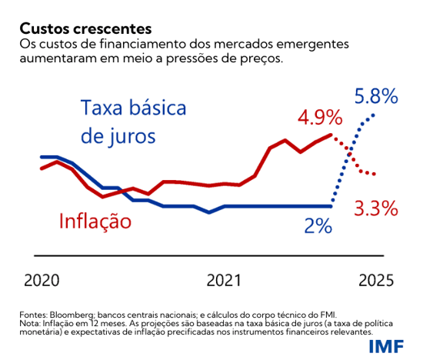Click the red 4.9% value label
point(320,118)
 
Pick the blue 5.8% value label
point(376,96)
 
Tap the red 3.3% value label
point(375,208)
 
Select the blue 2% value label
point(318,226)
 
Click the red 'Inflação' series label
point(95,222)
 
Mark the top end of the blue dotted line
point(375,114)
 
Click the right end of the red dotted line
point(375,174)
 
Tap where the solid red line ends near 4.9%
point(331,135)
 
